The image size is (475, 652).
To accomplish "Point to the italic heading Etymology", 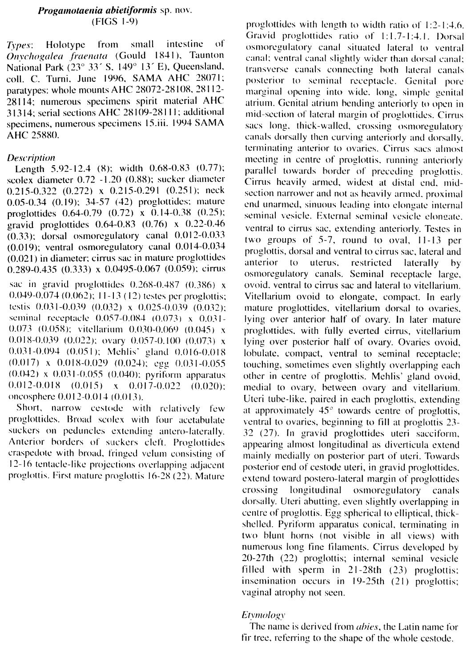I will (x=263, y=615).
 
